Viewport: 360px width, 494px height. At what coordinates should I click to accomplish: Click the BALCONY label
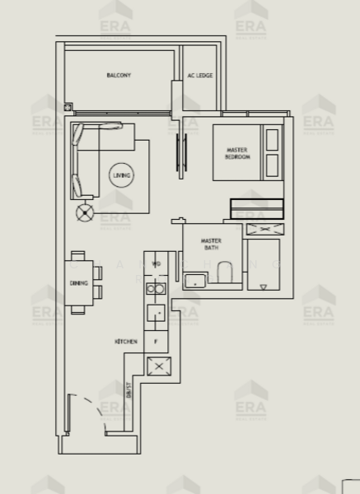point(119,76)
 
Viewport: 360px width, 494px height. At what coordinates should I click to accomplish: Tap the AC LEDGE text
point(199,76)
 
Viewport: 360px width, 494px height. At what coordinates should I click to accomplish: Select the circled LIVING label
point(121,175)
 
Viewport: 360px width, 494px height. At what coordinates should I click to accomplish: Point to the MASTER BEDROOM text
point(238,153)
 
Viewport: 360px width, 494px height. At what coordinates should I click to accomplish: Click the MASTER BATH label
point(211,245)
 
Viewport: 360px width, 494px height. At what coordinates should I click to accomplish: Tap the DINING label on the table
point(78,283)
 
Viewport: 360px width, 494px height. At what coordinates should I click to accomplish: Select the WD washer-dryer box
point(156,265)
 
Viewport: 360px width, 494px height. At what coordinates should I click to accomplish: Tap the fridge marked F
point(156,340)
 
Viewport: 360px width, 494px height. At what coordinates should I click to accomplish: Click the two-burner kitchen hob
point(156,289)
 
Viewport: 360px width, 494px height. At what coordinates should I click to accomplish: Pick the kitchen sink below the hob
point(156,313)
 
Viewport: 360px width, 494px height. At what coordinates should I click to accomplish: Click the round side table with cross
point(84,213)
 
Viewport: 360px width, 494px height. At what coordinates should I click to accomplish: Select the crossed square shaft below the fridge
point(156,366)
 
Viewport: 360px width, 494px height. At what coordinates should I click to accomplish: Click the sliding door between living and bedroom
point(179,148)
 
